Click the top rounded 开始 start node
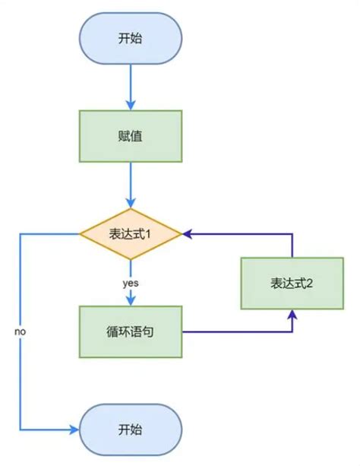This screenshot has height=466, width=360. point(130,37)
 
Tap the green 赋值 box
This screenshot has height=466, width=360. point(130,137)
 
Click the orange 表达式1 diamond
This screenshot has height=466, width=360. point(130,234)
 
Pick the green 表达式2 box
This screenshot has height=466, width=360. point(292,283)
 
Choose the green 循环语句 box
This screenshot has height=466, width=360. point(130,332)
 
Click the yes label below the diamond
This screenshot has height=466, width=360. point(130,283)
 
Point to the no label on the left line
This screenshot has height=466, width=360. point(21,333)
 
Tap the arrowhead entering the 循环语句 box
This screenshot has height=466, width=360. point(130,302)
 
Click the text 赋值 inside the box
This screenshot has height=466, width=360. point(130,137)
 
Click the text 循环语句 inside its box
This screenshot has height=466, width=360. point(130,332)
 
